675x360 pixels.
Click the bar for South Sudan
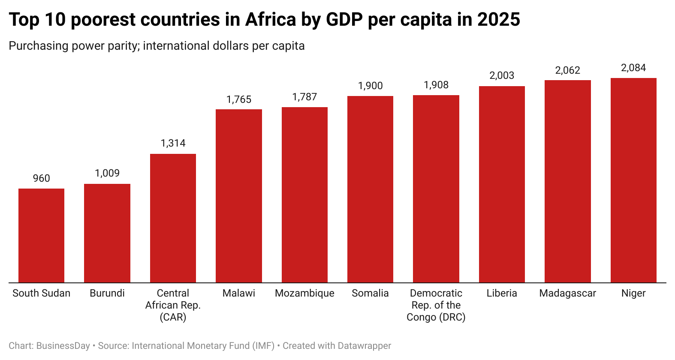[41, 235]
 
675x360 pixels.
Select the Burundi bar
[107, 233]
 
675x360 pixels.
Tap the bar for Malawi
[239, 196]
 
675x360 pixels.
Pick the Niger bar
[633, 180]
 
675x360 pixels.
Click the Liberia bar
[502, 184]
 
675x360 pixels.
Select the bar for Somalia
[370, 189]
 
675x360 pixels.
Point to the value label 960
[42, 178]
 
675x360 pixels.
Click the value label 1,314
[173, 143]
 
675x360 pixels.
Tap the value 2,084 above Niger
[633, 68]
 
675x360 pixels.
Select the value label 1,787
[304, 97]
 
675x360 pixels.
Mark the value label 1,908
[436, 85]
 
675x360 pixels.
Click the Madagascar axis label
[567, 293]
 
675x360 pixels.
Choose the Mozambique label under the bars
[304, 293]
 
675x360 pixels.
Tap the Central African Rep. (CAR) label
[173, 305]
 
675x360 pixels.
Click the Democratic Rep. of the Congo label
[436, 305]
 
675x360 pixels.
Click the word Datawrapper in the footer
[364, 346]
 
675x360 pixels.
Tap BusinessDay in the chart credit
[63, 346]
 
